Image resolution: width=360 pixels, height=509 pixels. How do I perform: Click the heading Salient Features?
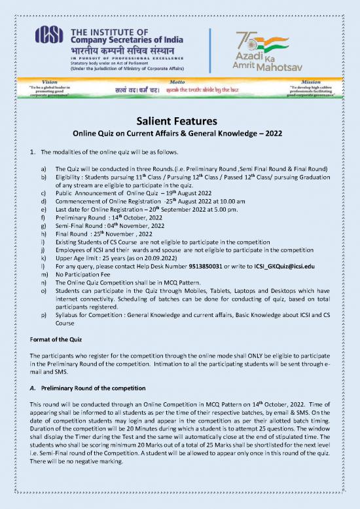(x=179, y=121)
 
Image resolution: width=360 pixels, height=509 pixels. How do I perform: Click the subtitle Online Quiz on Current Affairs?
(x=179, y=133)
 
